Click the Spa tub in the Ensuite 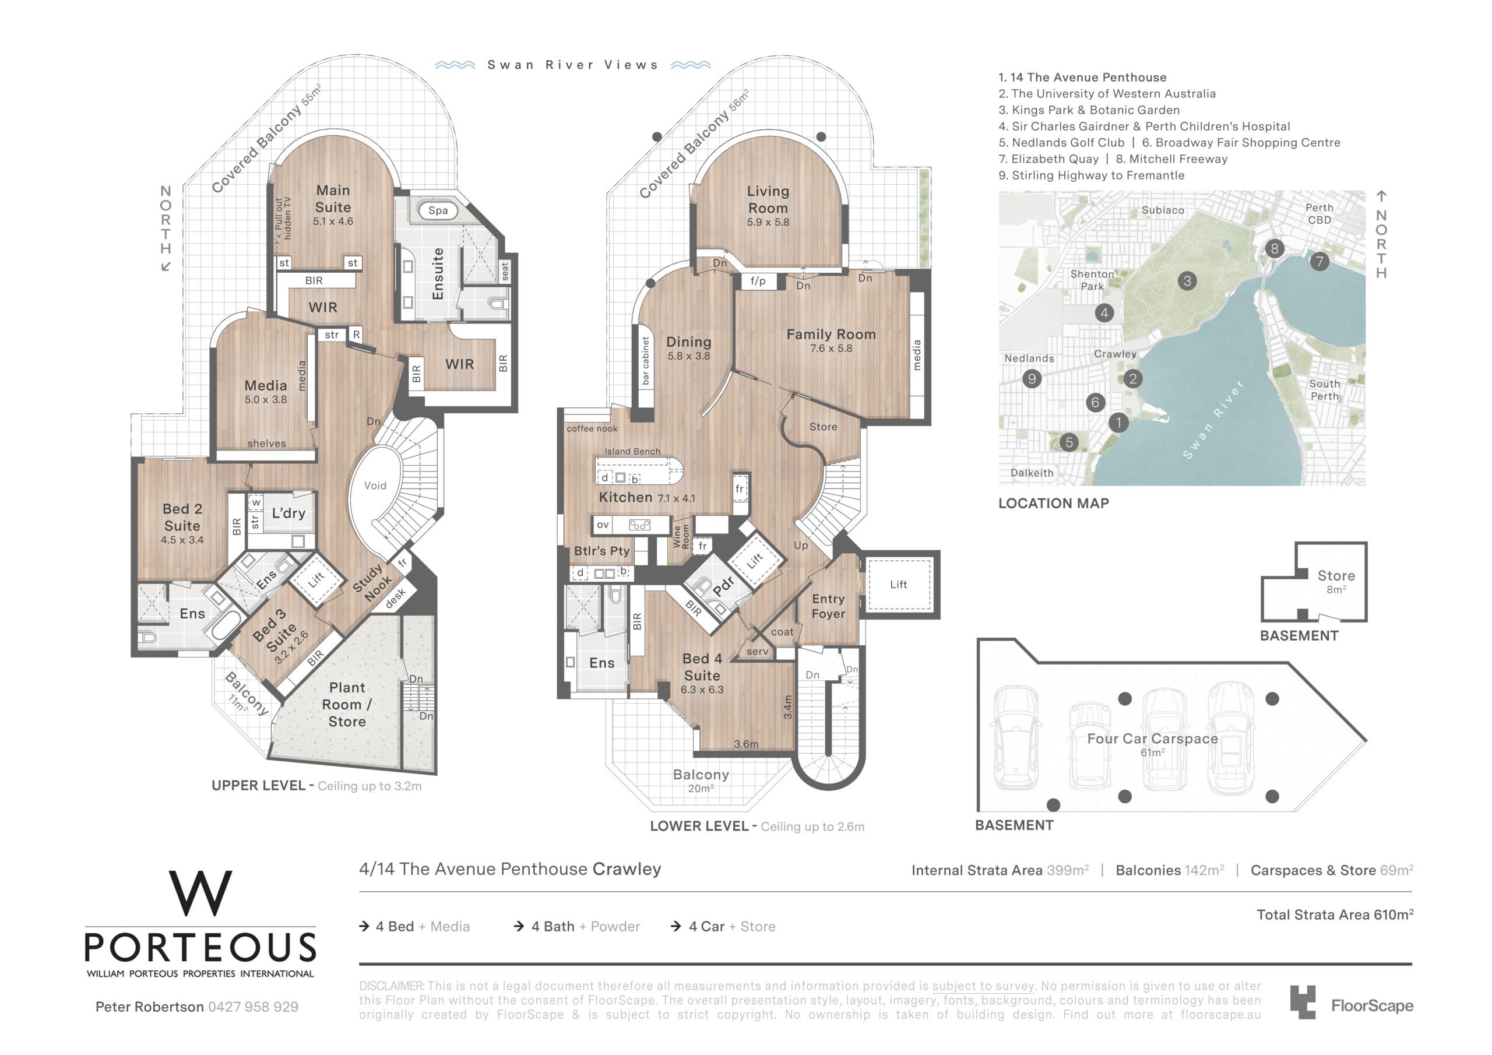tap(438, 210)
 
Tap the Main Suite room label tap(333, 199)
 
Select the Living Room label tap(768, 199)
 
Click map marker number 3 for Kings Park tap(1187, 281)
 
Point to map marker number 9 tap(1032, 378)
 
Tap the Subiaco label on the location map tap(1163, 210)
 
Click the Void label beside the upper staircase tap(375, 486)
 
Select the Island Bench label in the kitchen tap(632, 451)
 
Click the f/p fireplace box tap(759, 281)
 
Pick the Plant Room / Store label tap(347, 705)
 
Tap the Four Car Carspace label tap(1153, 738)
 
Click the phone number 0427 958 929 tap(254, 1007)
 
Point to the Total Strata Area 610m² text tap(1335, 915)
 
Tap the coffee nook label tap(592, 428)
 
